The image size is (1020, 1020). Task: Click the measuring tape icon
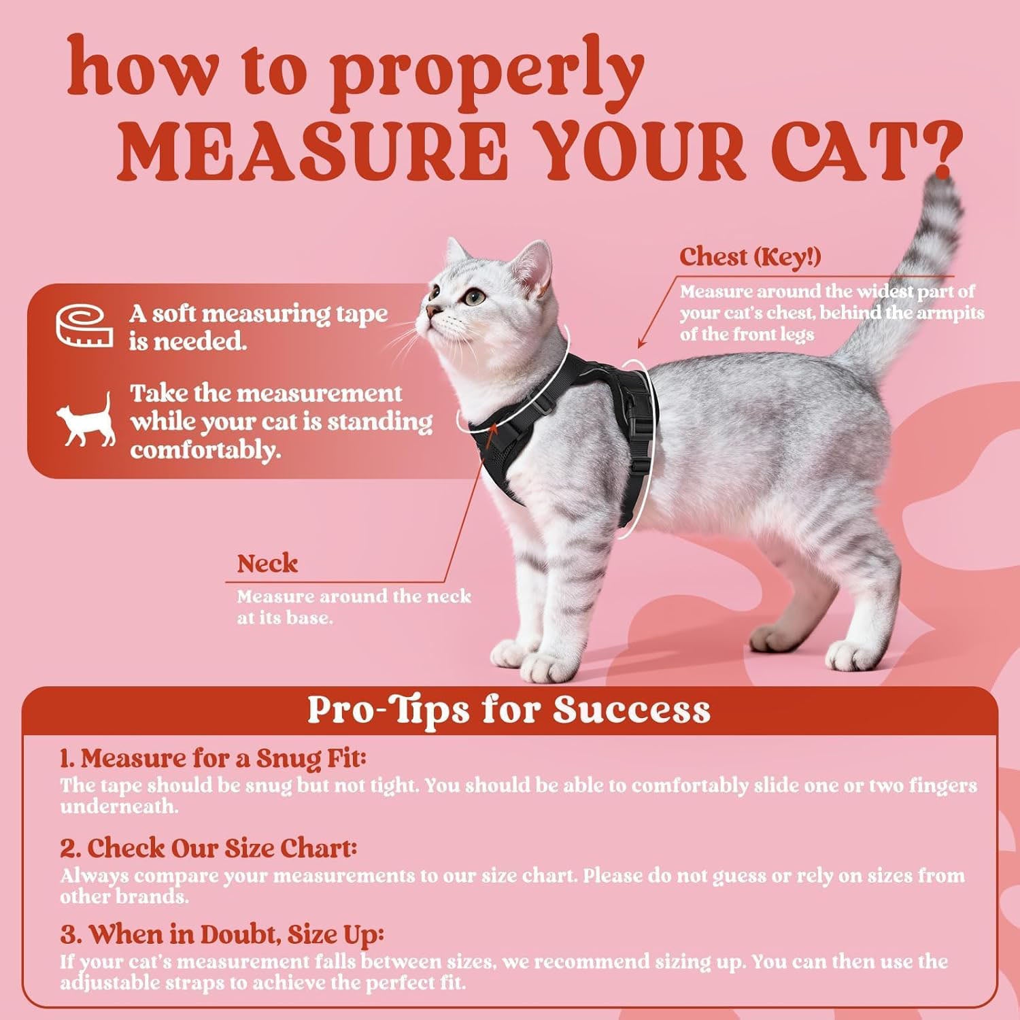point(84,326)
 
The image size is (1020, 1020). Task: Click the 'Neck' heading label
point(267,563)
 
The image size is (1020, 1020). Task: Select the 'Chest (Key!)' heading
point(750,256)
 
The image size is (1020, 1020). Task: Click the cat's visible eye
point(475,296)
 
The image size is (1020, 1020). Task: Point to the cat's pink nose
point(430,311)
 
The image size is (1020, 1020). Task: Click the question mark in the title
point(941,146)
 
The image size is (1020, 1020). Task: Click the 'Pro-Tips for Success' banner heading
point(509,709)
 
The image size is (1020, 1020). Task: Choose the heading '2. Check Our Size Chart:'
point(208,848)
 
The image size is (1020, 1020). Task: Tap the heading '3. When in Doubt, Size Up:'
point(222,934)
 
